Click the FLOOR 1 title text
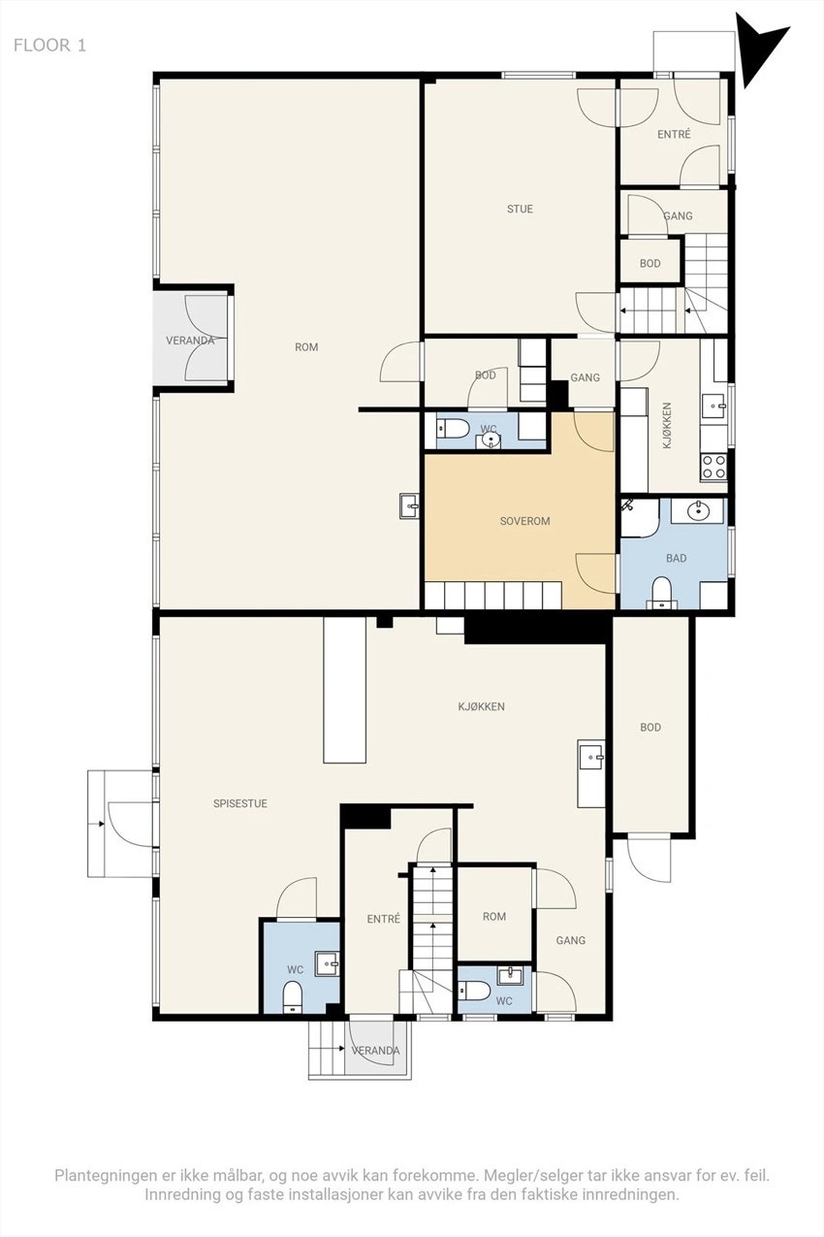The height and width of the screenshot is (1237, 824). (49, 46)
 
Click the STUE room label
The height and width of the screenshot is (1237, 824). (520, 209)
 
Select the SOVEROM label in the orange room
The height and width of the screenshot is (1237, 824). (524, 521)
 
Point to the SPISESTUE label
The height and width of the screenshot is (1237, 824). (240, 803)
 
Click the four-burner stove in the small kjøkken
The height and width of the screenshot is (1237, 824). (713, 467)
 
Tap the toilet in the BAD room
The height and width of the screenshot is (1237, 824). (660, 592)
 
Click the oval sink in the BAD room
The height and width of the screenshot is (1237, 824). (699, 511)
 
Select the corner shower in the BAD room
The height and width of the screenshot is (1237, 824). (640, 517)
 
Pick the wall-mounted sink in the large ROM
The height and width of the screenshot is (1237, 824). (409, 505)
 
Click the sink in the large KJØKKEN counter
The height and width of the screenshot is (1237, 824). (591, 758)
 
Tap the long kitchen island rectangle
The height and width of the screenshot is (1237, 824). (344, 690)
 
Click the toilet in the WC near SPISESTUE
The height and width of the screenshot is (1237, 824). (292, 997)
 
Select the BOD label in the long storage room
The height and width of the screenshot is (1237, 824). (650, 728)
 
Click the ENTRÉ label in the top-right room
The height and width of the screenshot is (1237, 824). (674, 134)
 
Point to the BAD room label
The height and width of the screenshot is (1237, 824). (676, 558)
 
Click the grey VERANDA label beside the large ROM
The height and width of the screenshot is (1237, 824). (190, 341)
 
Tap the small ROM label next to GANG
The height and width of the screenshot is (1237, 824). (494, 916)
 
